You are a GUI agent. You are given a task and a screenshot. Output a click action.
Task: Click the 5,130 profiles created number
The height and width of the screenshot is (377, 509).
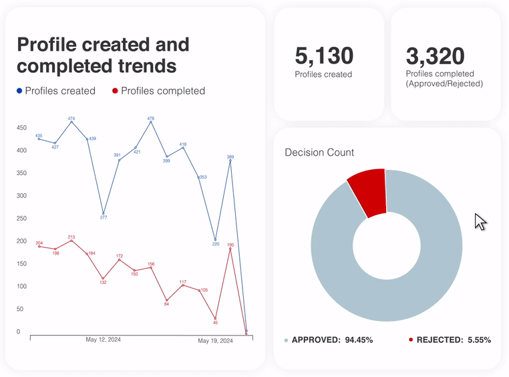click(x=324, y=55)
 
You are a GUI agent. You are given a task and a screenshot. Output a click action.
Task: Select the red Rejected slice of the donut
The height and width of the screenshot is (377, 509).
click(x=367, y=191)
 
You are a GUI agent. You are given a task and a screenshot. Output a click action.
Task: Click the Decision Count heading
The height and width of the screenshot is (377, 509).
click(x=319, y=152)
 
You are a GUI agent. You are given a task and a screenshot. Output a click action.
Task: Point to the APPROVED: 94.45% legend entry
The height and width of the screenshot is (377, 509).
click(x=329, y=340)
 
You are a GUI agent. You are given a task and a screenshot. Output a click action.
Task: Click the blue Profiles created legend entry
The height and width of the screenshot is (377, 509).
click(x=56, y=91)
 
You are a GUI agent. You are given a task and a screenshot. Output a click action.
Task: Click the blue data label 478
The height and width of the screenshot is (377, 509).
click(x=151, y=118)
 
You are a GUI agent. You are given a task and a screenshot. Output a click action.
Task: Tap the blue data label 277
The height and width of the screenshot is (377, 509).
click(x=104, y=217)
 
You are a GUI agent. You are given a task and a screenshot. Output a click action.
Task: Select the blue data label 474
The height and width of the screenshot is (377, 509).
click(x=71, y=118)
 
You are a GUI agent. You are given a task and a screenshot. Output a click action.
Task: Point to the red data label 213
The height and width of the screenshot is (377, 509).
click(x=71, y=237)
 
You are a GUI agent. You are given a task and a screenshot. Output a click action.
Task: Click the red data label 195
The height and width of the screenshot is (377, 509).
click(x=230, y=245)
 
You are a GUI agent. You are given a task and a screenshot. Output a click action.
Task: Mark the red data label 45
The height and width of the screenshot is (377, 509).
click(x=215, y=323)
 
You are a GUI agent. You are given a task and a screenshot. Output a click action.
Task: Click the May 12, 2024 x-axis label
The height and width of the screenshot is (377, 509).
click(x=104, y=340)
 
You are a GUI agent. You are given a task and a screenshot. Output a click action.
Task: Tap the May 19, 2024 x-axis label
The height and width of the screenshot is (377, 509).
click(x=215, y=341)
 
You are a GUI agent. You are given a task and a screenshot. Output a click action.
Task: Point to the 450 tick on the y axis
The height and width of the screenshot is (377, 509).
click(x=21, y=128)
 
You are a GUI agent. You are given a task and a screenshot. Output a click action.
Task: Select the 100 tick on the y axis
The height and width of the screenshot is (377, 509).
click(x=21, y=286)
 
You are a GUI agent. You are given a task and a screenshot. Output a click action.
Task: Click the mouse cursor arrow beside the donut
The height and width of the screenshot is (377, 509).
click(x=480, y=222)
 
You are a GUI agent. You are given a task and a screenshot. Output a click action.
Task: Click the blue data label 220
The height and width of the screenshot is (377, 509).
click(x=216, y=244)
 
